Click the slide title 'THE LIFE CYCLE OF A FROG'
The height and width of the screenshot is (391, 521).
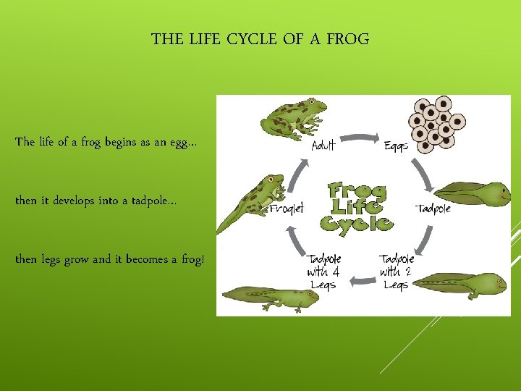click(x=260, y=39)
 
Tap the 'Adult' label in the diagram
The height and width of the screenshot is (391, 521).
click(x=323, y=146)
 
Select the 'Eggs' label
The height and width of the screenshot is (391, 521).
click(x=396, y=146)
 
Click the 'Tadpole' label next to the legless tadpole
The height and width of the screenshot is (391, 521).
click(x=433, y=209)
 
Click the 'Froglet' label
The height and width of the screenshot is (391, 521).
click(x=287, y=209)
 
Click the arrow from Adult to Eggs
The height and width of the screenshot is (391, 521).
click(x=360, y=135)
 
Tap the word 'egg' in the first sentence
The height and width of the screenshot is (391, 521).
click(x=177, y=142)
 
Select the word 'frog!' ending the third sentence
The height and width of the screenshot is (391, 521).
click(x=190, y=259)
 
